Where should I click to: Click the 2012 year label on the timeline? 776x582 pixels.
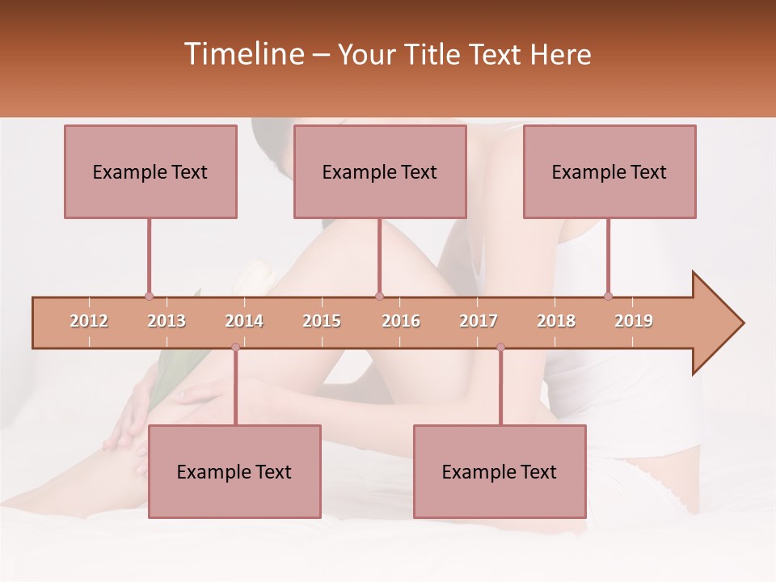pos(89,322)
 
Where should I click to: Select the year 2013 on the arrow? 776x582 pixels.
pos(167,322)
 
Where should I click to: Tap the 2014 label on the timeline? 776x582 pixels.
pos(244,322)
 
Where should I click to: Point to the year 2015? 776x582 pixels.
pos(322,322)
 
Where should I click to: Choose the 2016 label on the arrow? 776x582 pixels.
pos(401,322)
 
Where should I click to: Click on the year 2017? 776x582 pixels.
pos(479,322)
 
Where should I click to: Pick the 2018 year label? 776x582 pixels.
pos(556,322)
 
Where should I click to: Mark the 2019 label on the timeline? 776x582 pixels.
pos(634,322)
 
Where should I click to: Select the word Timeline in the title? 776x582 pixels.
pos(243,54)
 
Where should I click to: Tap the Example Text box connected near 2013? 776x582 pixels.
pos(150,172)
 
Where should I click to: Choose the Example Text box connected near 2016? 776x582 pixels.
pos(380,172)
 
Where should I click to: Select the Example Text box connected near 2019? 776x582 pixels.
pos(609,172)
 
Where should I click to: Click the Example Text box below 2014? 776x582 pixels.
pos(234,471)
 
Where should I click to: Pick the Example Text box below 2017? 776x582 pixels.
pos(500,471)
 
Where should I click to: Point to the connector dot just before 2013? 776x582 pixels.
pos(149,296)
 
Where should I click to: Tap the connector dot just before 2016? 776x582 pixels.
pos(379,296)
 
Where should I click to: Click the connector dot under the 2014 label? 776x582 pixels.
pos(235,348)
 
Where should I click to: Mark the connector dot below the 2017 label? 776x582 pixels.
pos(500,348)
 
